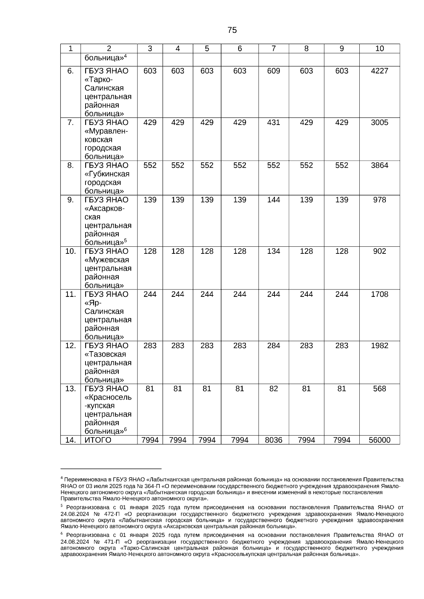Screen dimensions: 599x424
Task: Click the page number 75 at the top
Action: (232, 30)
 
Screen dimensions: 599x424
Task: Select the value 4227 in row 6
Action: (379, 71)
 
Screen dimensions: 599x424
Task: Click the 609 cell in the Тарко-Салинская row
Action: (273, 71)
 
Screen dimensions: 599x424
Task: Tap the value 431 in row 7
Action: (273, 122)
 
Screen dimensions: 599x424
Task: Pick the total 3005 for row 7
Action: (379, 122)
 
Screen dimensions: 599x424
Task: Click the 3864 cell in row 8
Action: (379, 166)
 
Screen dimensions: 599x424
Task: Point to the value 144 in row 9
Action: (273, 200)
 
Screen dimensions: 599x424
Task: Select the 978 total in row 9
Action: (379, 200)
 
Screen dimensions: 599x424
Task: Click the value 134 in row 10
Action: (273, 251)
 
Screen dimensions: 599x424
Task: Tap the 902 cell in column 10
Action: (379, 251)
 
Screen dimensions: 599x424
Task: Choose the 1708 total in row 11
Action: (379, 294)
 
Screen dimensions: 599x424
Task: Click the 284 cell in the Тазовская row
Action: (273, 346)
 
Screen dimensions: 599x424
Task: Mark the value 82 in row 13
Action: (273, 389)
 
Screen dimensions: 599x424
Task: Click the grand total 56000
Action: (379, 440)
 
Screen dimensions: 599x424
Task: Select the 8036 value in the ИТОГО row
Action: (273, 440)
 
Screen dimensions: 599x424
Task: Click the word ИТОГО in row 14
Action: (98, 440)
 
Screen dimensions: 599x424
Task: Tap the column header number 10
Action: (379, 49)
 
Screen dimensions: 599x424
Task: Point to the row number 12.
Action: (71, 346)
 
